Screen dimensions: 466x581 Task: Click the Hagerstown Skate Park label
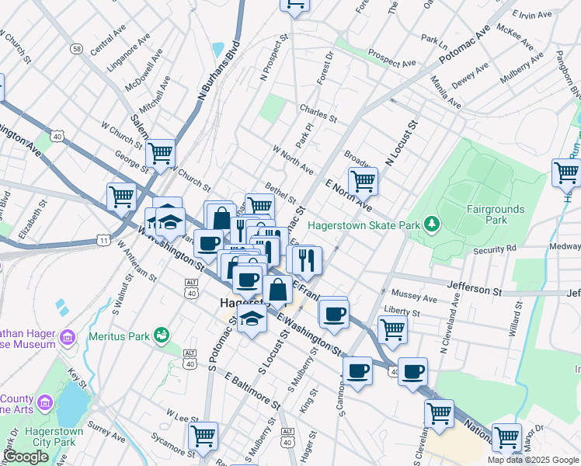click(x=364, y=225)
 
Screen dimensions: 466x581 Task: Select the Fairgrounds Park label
click(x=496, y=214)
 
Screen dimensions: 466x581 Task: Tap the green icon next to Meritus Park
click(x=162, y=335)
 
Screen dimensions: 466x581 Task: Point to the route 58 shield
click(x=76, y=48)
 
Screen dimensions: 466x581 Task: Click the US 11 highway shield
click(x=103, y=242)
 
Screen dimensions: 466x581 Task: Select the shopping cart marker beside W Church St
click(x=160, y=152)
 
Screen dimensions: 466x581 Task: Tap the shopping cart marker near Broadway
click(x=363, y=180)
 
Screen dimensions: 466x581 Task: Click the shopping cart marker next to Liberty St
click(x=392, y=328)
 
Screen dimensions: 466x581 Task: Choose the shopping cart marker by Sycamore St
click(x=203, y=435)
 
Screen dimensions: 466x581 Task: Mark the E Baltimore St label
click(x=252, y=391)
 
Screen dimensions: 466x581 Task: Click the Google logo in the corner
click(x=26, y=457)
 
